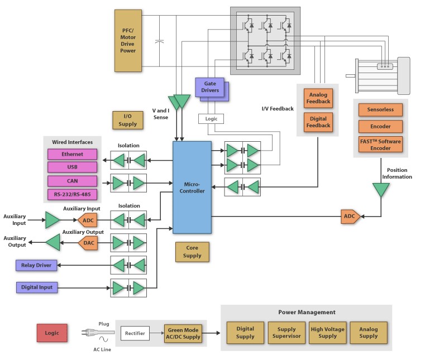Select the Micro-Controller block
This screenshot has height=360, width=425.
click(192, 187)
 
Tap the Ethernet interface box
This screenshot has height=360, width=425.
click(72, 155)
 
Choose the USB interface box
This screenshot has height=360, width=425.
click(72, 167)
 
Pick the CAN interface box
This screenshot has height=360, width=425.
click(72, 181)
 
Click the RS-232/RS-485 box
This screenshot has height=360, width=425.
click(72, 194)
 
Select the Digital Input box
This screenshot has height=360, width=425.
click(37, 288)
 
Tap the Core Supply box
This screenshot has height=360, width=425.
click(192, 251)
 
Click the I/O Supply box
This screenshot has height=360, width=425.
click(128, 120)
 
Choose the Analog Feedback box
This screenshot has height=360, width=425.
click(319, 98)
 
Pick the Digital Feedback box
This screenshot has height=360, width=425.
click(319, 122)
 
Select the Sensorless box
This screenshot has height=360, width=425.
click(380, 110)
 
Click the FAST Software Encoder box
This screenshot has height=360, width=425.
click(380, 145)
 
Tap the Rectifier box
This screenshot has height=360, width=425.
click(135, 333)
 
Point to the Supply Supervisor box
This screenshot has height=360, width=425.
click(286, 332)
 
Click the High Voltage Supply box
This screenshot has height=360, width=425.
click(328, 332)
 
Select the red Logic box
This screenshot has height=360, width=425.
click(52, 333)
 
